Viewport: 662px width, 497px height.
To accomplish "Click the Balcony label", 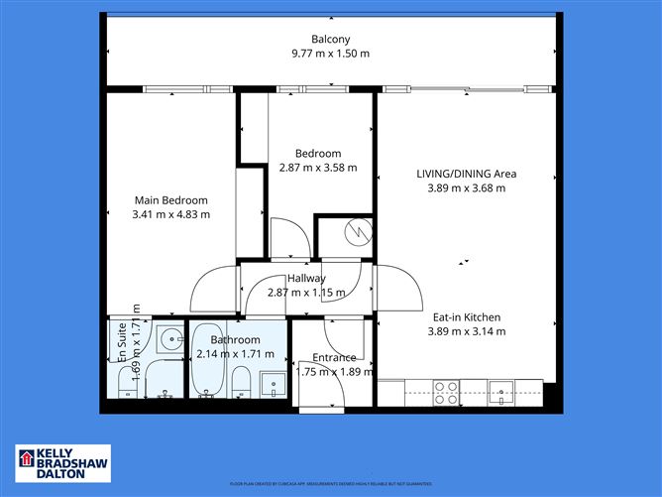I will (x=331, y=40).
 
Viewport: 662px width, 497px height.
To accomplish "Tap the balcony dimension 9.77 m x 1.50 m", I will (x=331, y=54).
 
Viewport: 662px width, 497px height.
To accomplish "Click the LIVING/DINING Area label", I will (x=466, y=174).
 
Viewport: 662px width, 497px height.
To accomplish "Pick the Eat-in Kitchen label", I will (x=466, y=317).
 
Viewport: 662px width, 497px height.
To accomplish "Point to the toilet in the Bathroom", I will (x=241, y=381).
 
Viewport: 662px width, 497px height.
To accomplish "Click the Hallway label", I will (x=306, y=279).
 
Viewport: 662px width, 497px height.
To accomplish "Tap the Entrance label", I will (x=334, y=358).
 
